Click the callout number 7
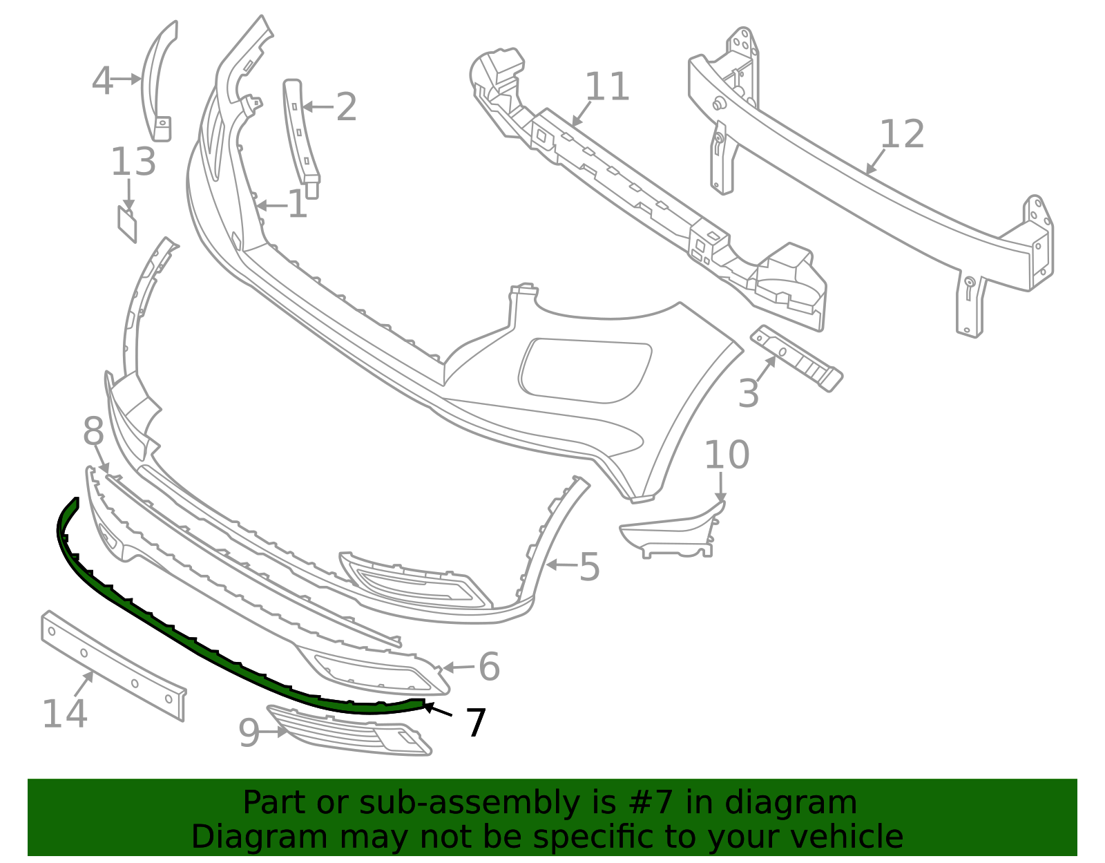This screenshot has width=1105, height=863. click(x=476, y=723)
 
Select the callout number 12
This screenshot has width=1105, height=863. click(x=901, y=134)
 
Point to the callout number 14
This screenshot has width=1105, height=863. click(x=65, y=714)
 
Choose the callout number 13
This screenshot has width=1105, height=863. click(x=133, y=162)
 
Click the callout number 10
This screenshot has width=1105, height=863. click(x=727, y=455)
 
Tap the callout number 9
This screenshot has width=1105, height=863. click(x=249, y=733)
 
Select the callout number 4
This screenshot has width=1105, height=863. click(x=102, y=81)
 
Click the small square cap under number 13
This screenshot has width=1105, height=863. click(x=127, y=224)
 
